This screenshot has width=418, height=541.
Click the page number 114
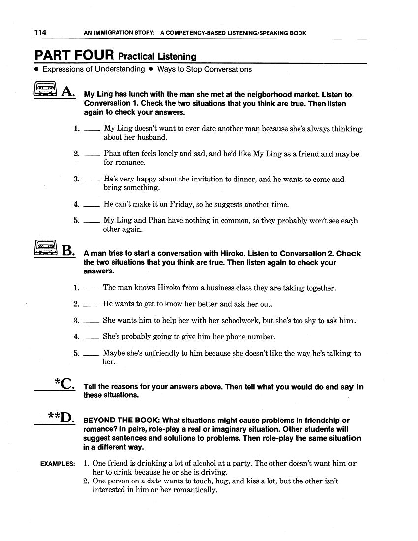[x=40, y=33]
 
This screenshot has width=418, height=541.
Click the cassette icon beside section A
[x=46, y=90]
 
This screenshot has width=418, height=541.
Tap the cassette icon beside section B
[x=46, y=248]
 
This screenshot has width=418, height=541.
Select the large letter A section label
[x=68, y=92]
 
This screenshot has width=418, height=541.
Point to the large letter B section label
[x=68, y=251]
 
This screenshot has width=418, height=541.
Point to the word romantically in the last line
[x=195, y=490]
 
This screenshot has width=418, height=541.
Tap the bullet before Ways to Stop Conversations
[x=151, y=69]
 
